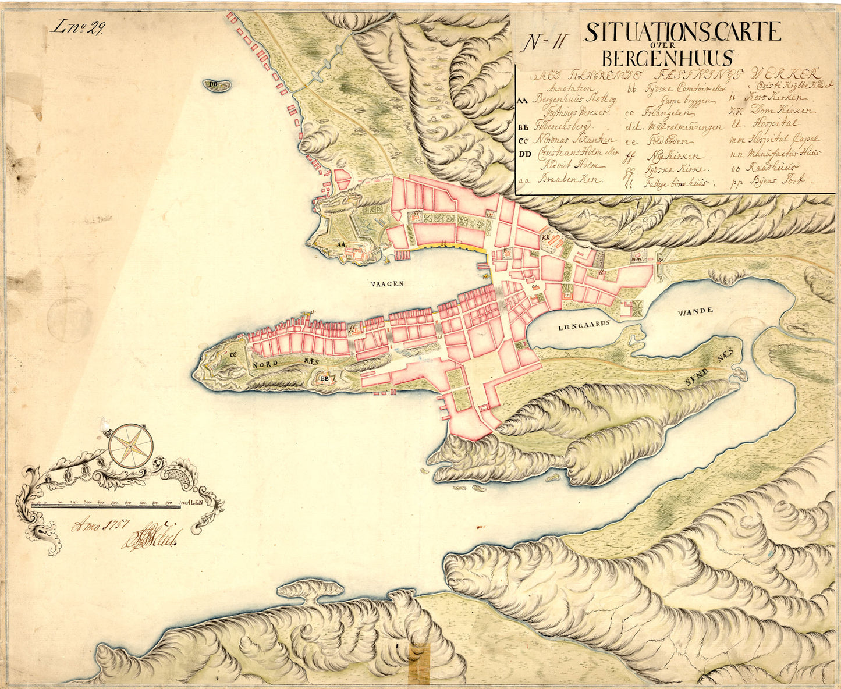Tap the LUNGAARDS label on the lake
click(x=584, y=326)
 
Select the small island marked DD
click(x=217, y=86)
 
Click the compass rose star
click(x=131, y=445)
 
